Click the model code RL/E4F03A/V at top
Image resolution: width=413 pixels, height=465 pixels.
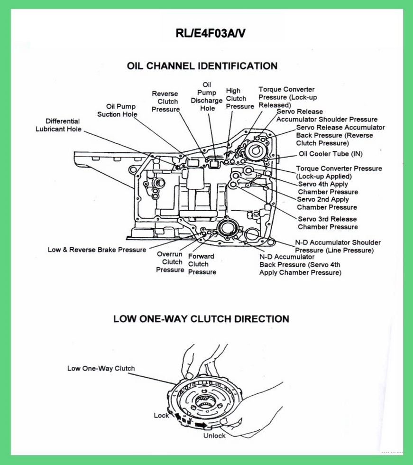[x=211, y=33]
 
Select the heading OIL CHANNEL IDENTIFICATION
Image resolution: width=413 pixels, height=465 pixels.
[x=202, y=66]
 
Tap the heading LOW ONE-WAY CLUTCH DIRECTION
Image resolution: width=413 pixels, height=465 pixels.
[x=201, y=319]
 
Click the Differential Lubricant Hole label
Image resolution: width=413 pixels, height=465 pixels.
[x=58, y=125]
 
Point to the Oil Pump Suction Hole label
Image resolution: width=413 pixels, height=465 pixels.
[x=117, y=110]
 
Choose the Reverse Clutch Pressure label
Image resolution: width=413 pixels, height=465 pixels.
[x=165, y=102]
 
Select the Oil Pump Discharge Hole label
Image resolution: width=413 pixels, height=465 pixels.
[x=207, y=97]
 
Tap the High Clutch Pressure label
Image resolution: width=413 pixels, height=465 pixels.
[x=240, y=99]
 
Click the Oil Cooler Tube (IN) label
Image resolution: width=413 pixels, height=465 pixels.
[x=330, y=154]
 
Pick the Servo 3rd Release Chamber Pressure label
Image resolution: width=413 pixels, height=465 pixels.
[x=328, y=223]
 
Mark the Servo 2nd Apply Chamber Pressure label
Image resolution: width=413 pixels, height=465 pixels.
[x=327, y=204]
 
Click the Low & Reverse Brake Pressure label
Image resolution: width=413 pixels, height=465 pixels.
[x=97, y=250]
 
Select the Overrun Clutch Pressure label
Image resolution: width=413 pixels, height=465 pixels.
[x=170, y=262]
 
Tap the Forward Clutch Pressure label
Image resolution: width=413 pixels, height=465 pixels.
[x=202, y=264]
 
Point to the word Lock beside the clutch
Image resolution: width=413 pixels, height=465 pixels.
[x=161, y=416]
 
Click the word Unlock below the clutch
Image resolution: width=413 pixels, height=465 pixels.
[x=214, y=436]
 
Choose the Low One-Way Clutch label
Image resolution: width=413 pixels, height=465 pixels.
[x=101, y=369]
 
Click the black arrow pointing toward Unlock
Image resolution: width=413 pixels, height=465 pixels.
[x=201, y=425]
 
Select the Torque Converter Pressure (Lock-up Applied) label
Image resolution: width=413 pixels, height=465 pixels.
[x=339, y=172]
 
